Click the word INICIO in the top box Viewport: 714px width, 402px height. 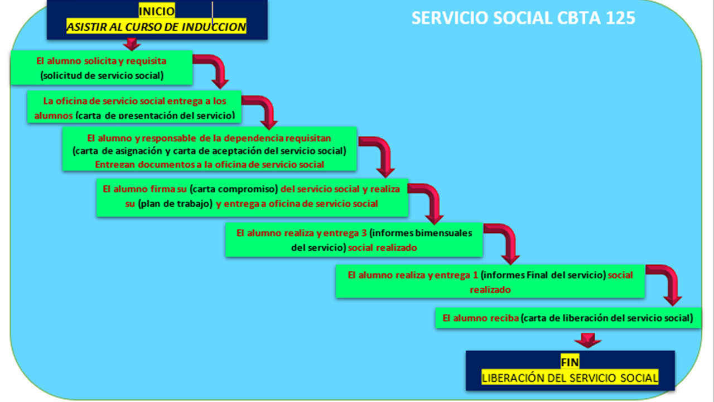pyautogui.click(x=156, y=11)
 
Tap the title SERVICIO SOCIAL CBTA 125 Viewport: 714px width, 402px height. pyautogui.click(x=523, y=18)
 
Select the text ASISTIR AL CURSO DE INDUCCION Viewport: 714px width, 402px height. pyautogui.click(x=156, y=26)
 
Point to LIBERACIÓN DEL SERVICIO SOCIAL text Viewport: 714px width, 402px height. pyautogui.click(x=570, y=378)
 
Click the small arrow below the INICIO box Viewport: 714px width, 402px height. pyautogui.click(x=132, y=44)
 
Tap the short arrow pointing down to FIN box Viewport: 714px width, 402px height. pyautogui.click(x=587, y=339)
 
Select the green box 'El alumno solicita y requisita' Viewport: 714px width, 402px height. pyautogui.click(x=102, y=68)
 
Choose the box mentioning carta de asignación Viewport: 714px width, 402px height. pyautogui.click(x=209, y=149)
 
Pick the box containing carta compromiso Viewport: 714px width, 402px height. pyautogui.click(x=252, y=197)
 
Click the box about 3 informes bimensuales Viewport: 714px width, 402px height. pyautogui.click(x=354, y=240)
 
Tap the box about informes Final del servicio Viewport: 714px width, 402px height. pyautogui.click(x=490, y=281)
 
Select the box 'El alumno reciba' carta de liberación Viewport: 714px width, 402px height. pyautogui.click(x=567, y=318)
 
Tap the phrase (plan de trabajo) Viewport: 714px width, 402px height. pyautogui.click(x=176, y=204)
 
